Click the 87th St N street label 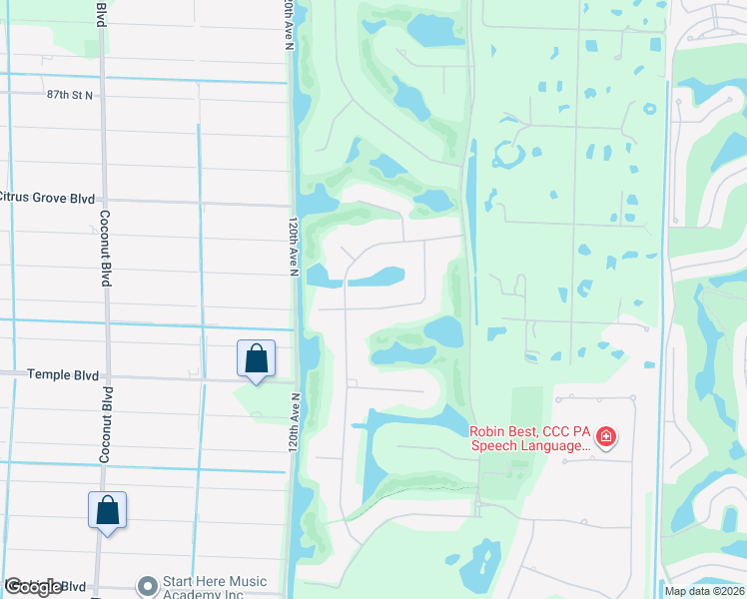click(69, 95)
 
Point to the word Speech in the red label click(495, 445)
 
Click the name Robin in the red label click(491, 431)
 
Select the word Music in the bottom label click(247, 581)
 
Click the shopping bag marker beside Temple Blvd click(256, 358)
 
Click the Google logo click(34, 587)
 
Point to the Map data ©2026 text click(703, 591)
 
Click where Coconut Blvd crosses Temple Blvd click(104, 377)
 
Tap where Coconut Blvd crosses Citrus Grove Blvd click(103, 201)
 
